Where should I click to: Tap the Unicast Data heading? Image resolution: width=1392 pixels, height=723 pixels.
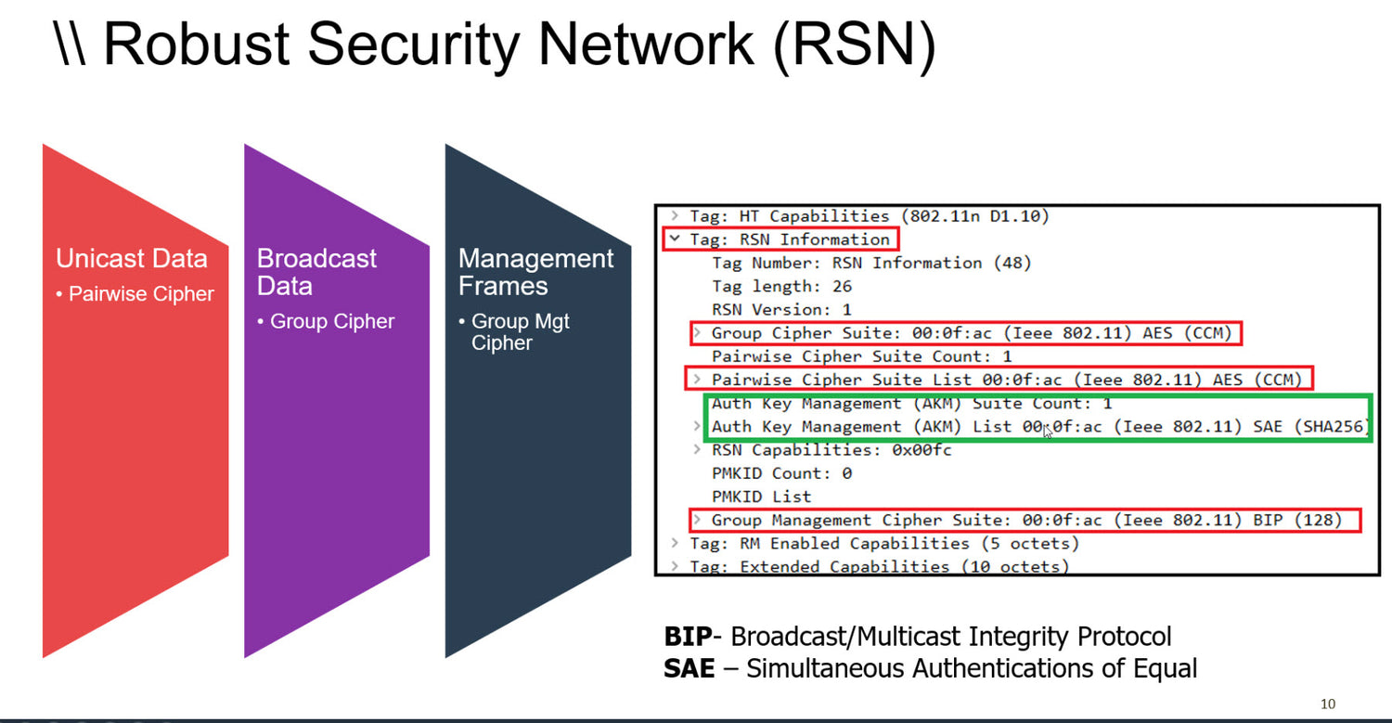point(131,258)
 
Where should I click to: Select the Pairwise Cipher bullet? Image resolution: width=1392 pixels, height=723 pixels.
point(141,294)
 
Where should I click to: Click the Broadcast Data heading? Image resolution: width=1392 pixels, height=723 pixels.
point(316,272)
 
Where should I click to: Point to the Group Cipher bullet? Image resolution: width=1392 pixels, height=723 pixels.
point(331,322)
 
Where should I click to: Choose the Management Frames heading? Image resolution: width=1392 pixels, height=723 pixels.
point(535,272)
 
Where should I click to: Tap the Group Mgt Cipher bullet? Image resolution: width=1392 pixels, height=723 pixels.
point(520,332)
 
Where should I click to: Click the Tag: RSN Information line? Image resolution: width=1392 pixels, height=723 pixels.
point(790,239)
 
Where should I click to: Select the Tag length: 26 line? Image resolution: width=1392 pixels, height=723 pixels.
point(781,287)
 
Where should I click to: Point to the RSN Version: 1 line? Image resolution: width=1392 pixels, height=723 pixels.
point(781,310)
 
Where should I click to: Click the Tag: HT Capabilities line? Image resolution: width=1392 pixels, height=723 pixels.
point(869,216)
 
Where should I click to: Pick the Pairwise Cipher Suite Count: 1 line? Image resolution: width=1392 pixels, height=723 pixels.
point(861,356)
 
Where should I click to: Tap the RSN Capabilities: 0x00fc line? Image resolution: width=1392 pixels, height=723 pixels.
point(831,450)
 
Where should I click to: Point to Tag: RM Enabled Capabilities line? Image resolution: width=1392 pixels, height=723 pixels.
point(883,544)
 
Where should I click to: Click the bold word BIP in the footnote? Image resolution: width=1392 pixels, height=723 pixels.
point(688,637)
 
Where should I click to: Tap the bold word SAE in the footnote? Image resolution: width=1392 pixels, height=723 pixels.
point(690,668)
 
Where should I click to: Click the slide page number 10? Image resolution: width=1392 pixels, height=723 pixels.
point(1327,704)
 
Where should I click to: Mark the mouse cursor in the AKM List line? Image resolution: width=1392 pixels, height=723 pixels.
point(1049,432)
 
